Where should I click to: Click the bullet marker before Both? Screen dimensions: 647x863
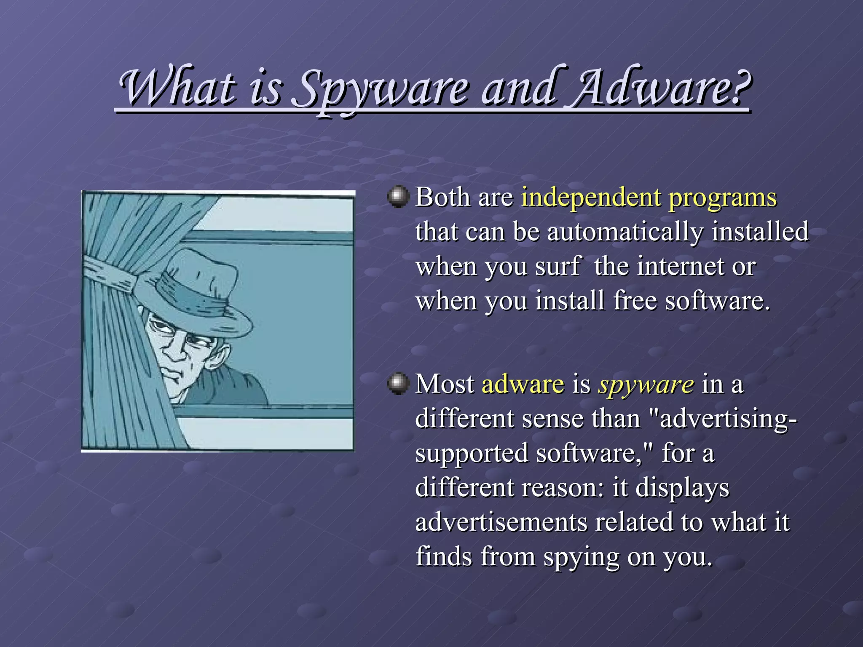pos(398,197)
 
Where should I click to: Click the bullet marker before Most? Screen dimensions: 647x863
pos(398,383)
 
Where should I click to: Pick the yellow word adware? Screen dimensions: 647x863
pos(523,384)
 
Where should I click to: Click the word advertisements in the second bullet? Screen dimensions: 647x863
pos(501,522)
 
